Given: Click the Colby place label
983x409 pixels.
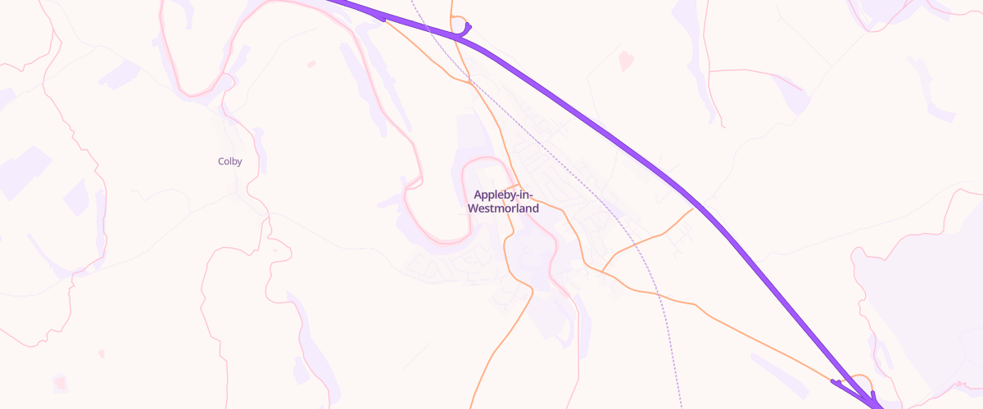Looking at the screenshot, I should [229, 161].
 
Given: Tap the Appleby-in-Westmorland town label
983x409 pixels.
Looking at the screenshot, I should [503, 201].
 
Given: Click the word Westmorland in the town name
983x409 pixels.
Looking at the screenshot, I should [503, 209].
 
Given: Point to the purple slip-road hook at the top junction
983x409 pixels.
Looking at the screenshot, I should [467, 30].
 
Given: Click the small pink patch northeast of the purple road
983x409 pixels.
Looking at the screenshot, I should [627, 60].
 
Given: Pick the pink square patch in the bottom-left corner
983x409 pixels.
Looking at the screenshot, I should [59, 383].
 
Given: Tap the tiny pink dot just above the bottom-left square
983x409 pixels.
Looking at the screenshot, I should [102, 353].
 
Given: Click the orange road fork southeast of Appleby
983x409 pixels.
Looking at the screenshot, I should [603, 272].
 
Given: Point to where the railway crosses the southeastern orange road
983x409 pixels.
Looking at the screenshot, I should [658, 294].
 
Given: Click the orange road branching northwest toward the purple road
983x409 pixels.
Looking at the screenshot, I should [418, 49].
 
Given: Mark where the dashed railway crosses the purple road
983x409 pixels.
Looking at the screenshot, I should [429, 30].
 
